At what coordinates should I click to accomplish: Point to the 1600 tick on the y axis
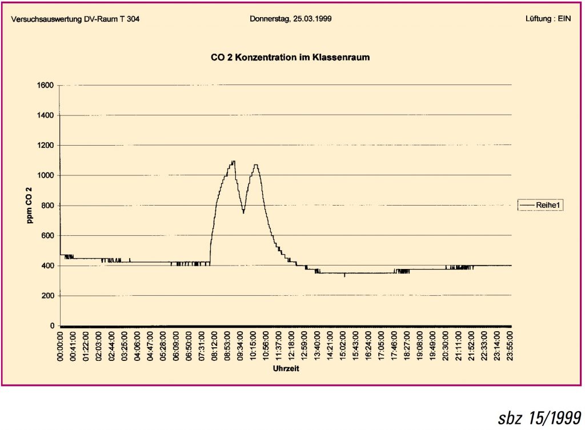point(46,86)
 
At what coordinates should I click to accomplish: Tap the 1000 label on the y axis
point(46,175)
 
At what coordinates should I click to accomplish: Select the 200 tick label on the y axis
point(48,296)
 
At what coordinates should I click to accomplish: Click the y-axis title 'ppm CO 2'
point(29,205)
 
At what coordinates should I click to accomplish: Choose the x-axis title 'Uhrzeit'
point(285,368)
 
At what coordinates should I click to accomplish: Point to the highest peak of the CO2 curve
point(233,161)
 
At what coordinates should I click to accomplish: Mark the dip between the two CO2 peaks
point(243,212)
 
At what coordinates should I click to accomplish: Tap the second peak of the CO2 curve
point(255,165)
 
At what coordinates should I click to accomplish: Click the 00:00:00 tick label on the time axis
point(61,346)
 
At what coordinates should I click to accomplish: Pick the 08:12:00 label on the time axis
point(215,346)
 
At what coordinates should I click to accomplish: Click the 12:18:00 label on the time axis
point(292,346)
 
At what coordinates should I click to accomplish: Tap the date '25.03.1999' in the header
point(313,19)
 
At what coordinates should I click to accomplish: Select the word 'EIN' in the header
point(564,19)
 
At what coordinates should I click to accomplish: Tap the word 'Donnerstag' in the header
point(269,19)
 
